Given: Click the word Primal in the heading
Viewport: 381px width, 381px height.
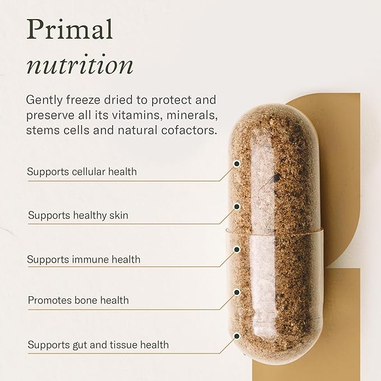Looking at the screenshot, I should [x=69, y=30].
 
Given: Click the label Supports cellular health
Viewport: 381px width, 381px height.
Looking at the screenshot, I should [x=82, y=172].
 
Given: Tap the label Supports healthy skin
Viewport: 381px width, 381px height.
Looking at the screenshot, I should [x=82, y=215].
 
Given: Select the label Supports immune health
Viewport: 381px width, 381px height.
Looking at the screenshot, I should [x=84, y=260].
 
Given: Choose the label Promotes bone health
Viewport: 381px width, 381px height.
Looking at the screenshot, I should [x=79, y=300].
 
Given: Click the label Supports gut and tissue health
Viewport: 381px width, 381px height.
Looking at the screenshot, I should [x=98, y=345].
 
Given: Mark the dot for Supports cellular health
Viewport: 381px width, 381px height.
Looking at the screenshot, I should [x=237, y=163].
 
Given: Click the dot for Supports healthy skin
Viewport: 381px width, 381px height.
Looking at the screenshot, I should [x=237, y=206].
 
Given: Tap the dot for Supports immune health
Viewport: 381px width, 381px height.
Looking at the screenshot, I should [x=237, y=249].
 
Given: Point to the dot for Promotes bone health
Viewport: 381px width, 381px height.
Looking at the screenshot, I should [x=237, y=292].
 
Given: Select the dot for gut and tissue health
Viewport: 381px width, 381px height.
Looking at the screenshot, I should [x=237, y=336].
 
